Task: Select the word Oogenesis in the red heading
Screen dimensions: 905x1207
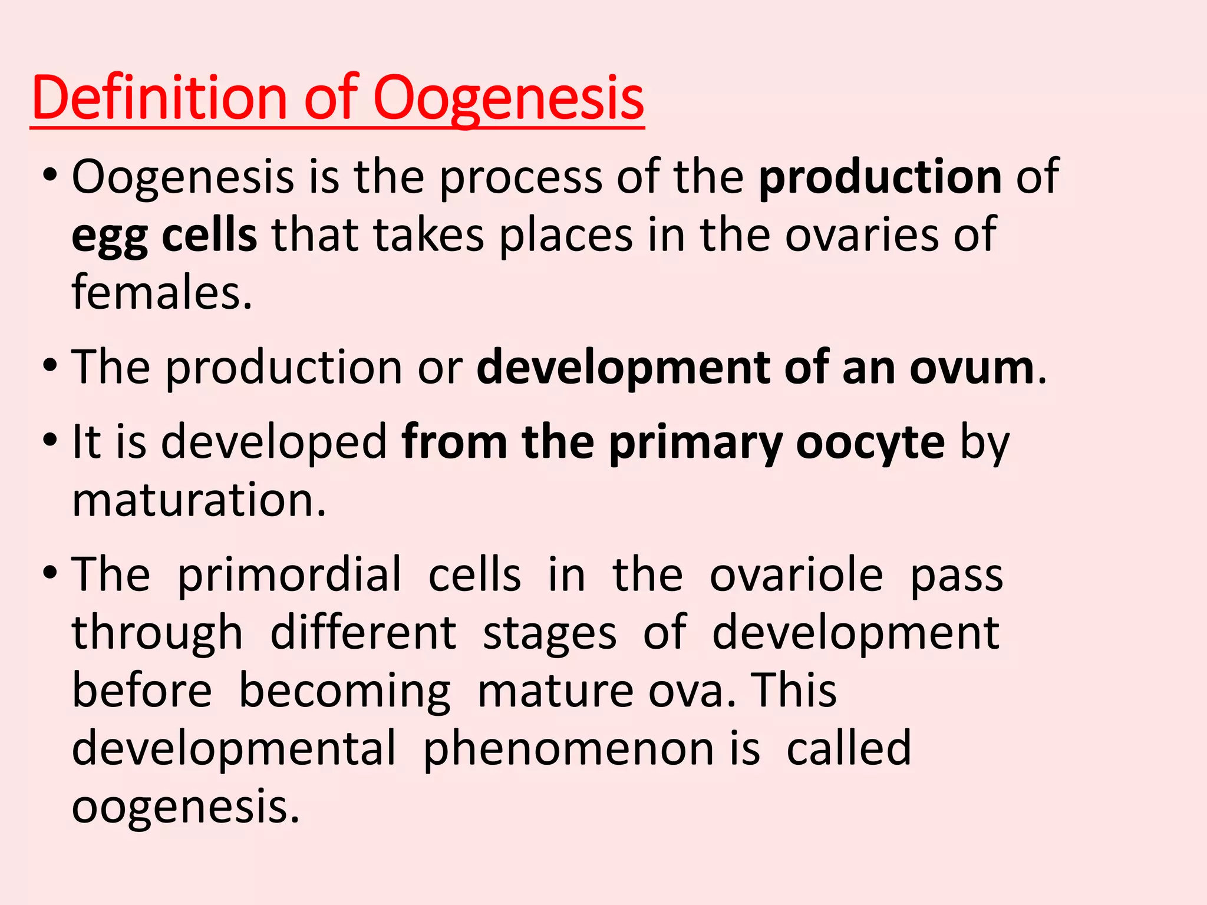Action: (508, 99)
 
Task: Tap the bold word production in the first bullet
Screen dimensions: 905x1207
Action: (880, 176)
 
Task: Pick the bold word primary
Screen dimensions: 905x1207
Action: (695, 443)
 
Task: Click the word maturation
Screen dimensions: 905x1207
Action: (199, 500)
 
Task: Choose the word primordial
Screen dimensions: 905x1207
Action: (289, 574)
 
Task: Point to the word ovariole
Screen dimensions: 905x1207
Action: (796, 574)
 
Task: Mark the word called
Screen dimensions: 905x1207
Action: (849, 748)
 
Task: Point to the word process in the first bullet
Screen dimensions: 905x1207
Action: (520, 177)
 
